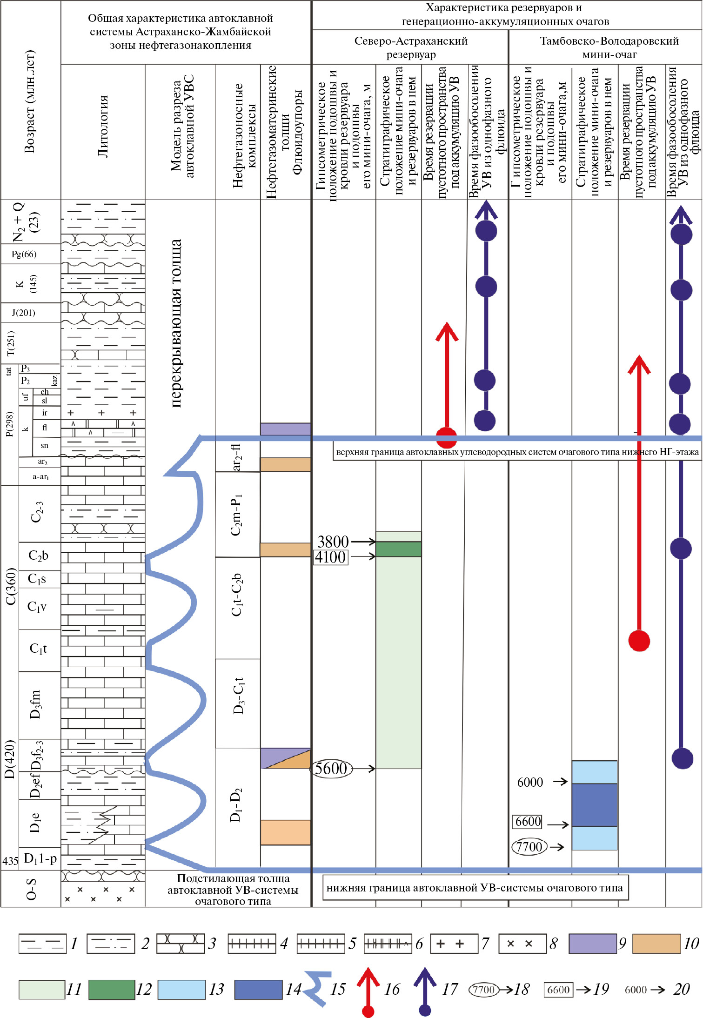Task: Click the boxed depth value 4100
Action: click(330, 557)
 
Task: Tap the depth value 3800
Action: click(333, 541)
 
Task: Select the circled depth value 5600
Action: click(331, 768)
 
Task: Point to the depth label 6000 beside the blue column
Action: click(530, 782)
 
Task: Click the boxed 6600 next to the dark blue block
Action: click(528, 822)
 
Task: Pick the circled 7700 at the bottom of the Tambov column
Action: click(529, 846)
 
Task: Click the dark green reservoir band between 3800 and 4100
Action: click(398, 549)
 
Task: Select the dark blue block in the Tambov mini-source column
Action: click(594, 805)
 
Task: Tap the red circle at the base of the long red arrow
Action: click(639, 641)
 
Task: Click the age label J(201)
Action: click(24, 313)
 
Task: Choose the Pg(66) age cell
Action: click(24, 254)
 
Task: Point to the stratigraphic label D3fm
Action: click(35, 704)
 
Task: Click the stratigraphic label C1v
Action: click(37, 607)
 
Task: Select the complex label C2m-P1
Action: click(237, 515)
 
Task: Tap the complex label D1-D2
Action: click(236, 805)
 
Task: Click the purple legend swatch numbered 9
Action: click(592, 944)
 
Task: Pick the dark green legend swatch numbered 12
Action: click(112, 989)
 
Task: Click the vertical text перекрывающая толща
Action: click(176, 323)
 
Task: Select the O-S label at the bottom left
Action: click(31, 889)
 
